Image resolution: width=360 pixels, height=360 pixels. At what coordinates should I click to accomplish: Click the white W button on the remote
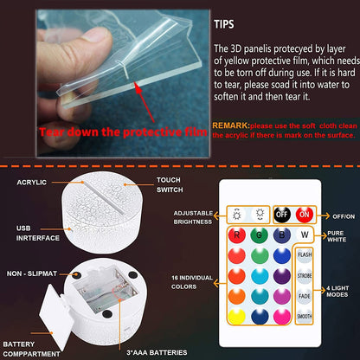tap(305, 233)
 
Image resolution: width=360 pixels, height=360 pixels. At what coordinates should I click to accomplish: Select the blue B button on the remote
tap(281, 234)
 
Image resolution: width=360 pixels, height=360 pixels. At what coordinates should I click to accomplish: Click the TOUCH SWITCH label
tap(169, 184)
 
